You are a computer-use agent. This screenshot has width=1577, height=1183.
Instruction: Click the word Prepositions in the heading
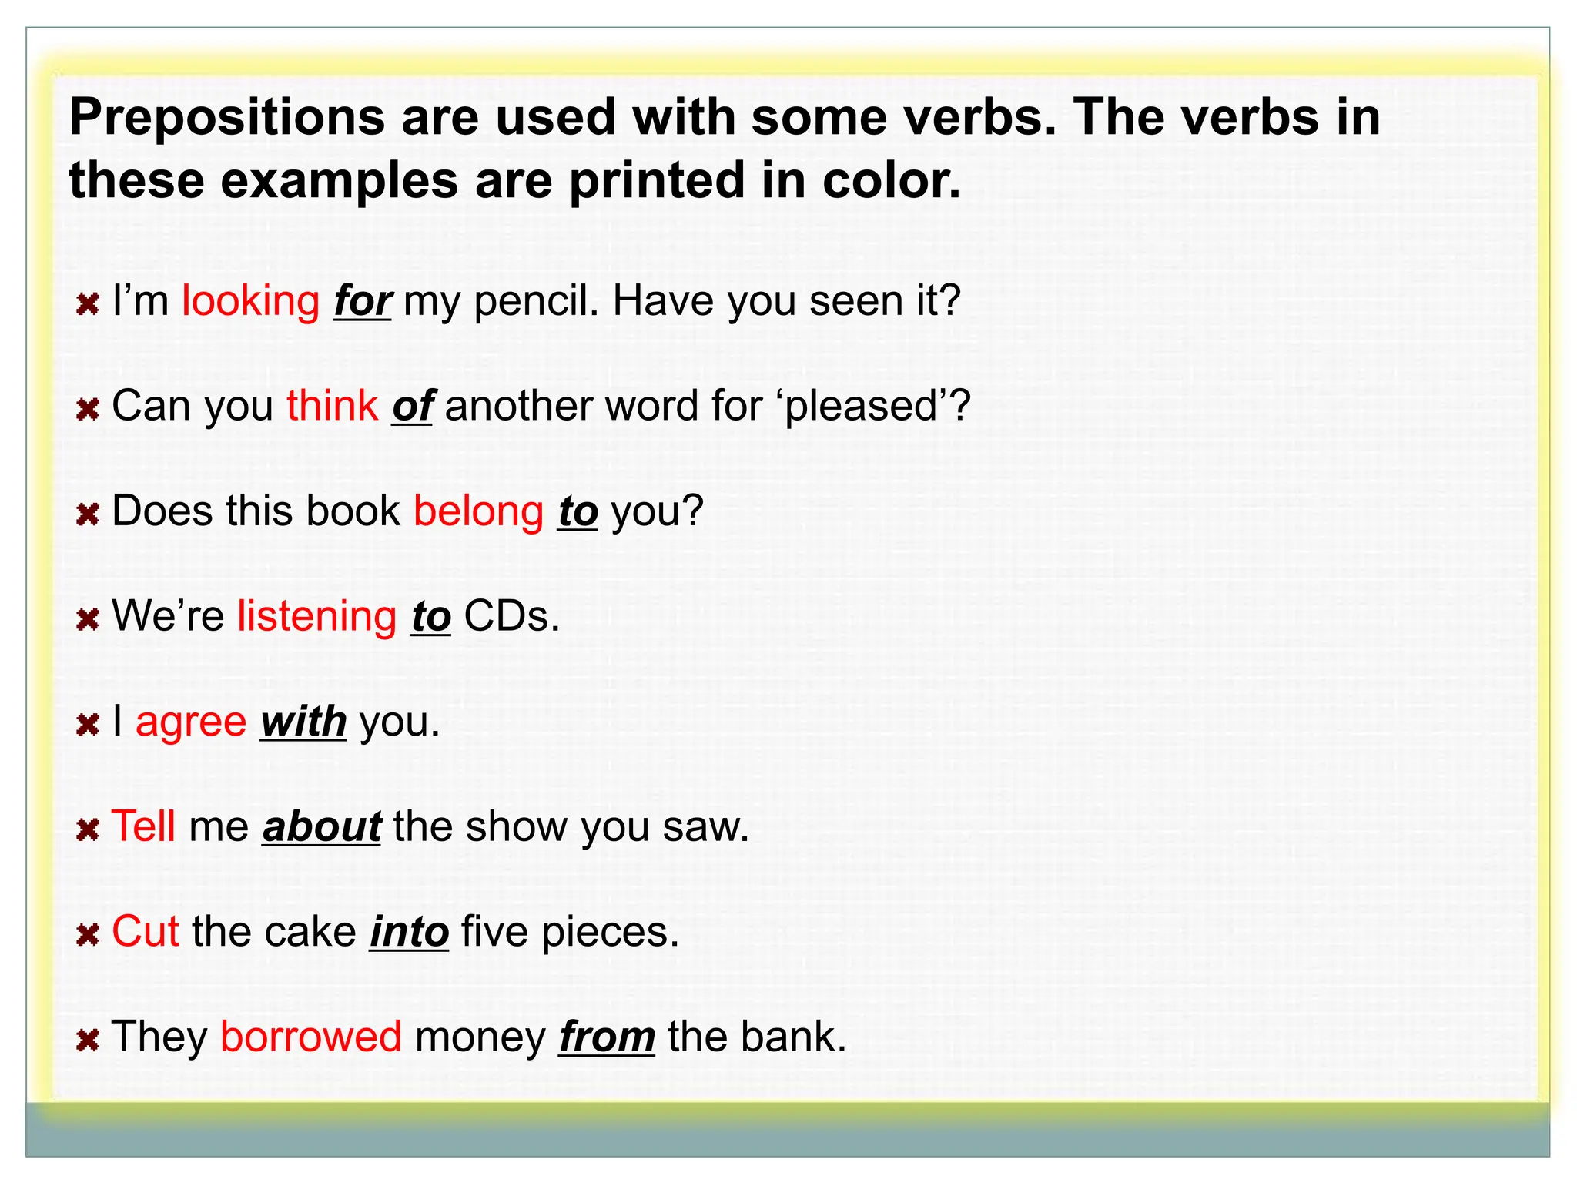pos(227,118)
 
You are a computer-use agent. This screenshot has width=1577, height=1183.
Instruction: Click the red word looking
pos(250,300)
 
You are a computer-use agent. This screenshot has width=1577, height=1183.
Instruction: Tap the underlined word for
pos(363,301)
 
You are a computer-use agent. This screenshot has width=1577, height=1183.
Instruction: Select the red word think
pos(332,405)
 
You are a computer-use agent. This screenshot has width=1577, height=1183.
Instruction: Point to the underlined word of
pos(412,406)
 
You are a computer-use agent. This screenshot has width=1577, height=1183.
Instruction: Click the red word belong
pos(478,511)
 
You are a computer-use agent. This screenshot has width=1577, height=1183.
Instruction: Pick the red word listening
pos(316,616)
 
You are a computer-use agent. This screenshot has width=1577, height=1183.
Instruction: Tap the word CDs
pos(511,616)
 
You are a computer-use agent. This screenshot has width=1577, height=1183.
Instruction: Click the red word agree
pos(191,722)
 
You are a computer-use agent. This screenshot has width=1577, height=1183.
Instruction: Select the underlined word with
pos(303,722)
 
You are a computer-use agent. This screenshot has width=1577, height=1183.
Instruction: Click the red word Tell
pos(144,826)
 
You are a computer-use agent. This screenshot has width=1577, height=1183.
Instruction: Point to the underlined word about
pos(322,827)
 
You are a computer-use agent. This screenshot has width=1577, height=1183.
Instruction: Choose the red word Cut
pos(146,932)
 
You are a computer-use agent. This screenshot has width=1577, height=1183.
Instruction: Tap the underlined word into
pos(409,932)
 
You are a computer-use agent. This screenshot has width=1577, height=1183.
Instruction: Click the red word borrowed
pos(311,1037)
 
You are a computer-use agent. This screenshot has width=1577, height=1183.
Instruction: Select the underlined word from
pos(607,1037)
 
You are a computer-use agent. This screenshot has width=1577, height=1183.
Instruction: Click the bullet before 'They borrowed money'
pos(89,1041)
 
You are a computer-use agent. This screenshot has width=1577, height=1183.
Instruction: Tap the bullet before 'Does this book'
pos(89,514)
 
